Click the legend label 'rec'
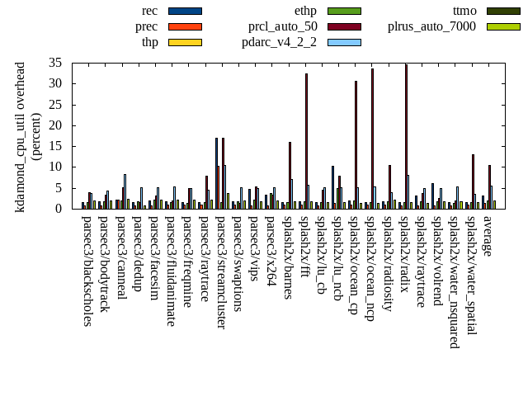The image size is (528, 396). click(149, 11)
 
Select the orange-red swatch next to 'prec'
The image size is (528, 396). click(185, 26)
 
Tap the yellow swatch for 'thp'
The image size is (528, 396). click(185, 42)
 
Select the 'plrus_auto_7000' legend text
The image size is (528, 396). click(431, 26)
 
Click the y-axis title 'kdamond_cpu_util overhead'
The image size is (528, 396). click(21, 136)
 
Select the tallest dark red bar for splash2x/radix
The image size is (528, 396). click(406, 136)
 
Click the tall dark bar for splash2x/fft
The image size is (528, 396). click(306, 140)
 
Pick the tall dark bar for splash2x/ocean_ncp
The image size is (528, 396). click(372, 138)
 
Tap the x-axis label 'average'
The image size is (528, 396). click(488, 236)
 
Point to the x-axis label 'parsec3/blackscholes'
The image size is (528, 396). click(88, 271)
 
